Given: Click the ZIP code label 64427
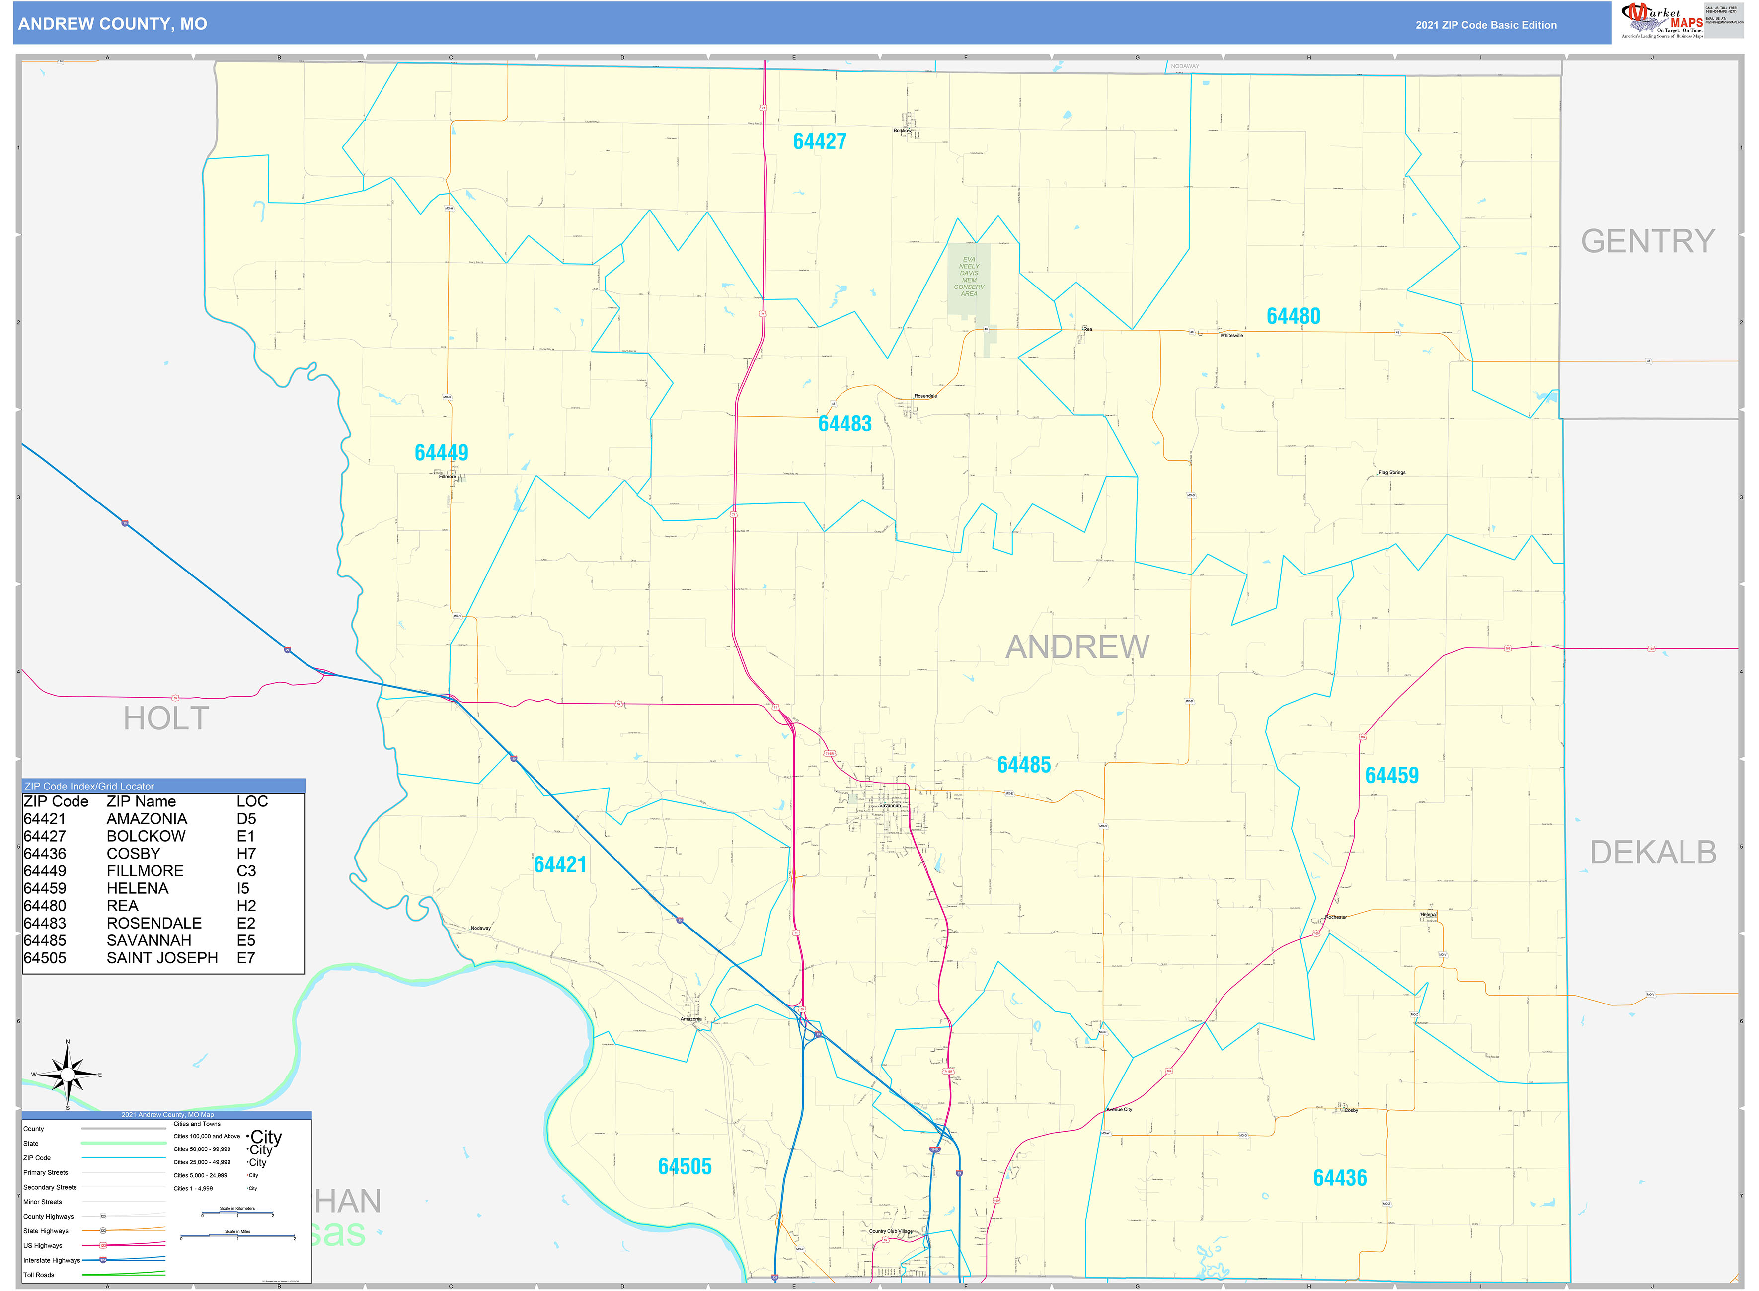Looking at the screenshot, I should [x=819, y=142].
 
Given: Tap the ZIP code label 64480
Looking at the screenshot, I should [x=1293, y=316].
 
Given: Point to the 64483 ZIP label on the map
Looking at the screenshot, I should [x=844, y=424].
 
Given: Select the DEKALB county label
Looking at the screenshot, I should [x=1653, y=853].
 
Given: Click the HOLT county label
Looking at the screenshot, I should [x=166, y=718].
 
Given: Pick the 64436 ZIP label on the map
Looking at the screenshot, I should [x=1339, y=1178].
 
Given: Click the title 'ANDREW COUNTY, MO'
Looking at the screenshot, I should [x=113, y=24].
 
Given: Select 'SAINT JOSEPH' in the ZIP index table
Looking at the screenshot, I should [x=162, y=958].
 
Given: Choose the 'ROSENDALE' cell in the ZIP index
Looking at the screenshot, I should [x=154, y=923].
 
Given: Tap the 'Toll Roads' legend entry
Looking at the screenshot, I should [x=39, y=1275].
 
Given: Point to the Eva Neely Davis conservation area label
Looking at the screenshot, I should [x=969, y=277].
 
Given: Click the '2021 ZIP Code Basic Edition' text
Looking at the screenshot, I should [x=1485, y=25].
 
